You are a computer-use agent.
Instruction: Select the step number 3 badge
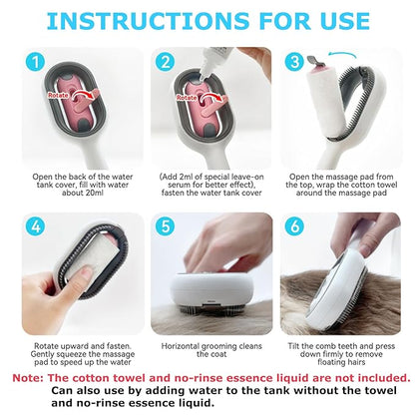293,62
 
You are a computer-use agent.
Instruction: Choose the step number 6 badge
293,224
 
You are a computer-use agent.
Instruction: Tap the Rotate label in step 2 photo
188,97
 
